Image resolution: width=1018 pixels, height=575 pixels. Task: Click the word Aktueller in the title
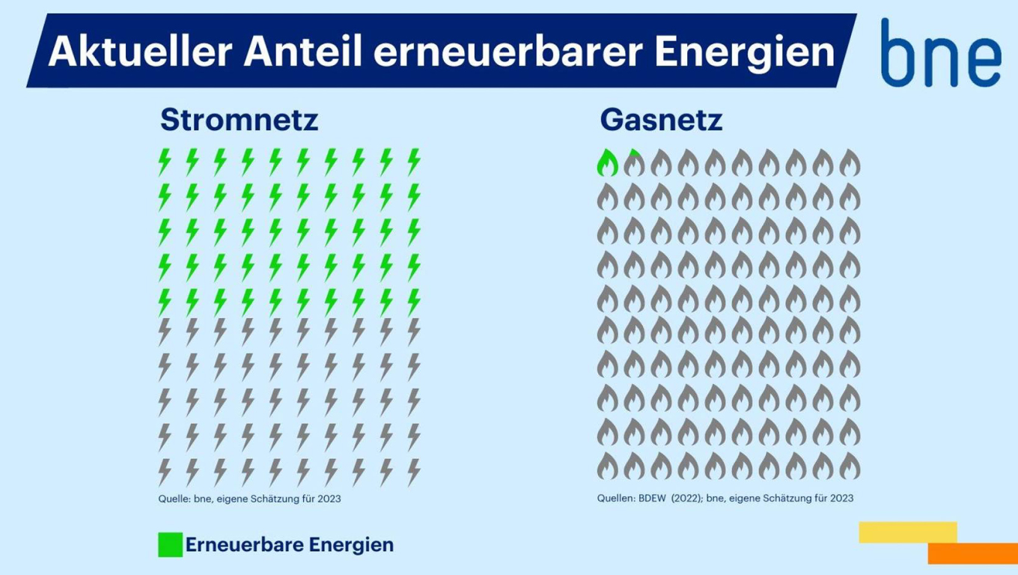140,51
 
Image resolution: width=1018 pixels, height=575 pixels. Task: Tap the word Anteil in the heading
302,51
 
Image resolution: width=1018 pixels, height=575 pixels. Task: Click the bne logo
941,52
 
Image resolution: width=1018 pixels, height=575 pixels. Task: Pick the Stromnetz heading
239,120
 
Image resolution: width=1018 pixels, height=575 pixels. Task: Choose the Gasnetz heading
661,120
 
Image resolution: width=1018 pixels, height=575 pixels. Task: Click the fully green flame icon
608,162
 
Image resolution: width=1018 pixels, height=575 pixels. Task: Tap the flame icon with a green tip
635,162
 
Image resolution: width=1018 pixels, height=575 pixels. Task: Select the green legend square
171,544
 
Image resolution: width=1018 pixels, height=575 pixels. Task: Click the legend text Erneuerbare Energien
290,544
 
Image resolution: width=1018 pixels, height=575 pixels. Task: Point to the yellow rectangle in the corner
908,532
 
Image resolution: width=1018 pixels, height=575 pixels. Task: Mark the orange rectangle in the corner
973,553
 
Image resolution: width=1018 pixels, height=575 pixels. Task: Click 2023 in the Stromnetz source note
329,499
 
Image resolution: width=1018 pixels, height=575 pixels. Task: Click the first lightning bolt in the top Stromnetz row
165,162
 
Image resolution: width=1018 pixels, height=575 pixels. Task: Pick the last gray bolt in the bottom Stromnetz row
414,472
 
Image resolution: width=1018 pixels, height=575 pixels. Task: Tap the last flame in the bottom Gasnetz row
850,466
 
